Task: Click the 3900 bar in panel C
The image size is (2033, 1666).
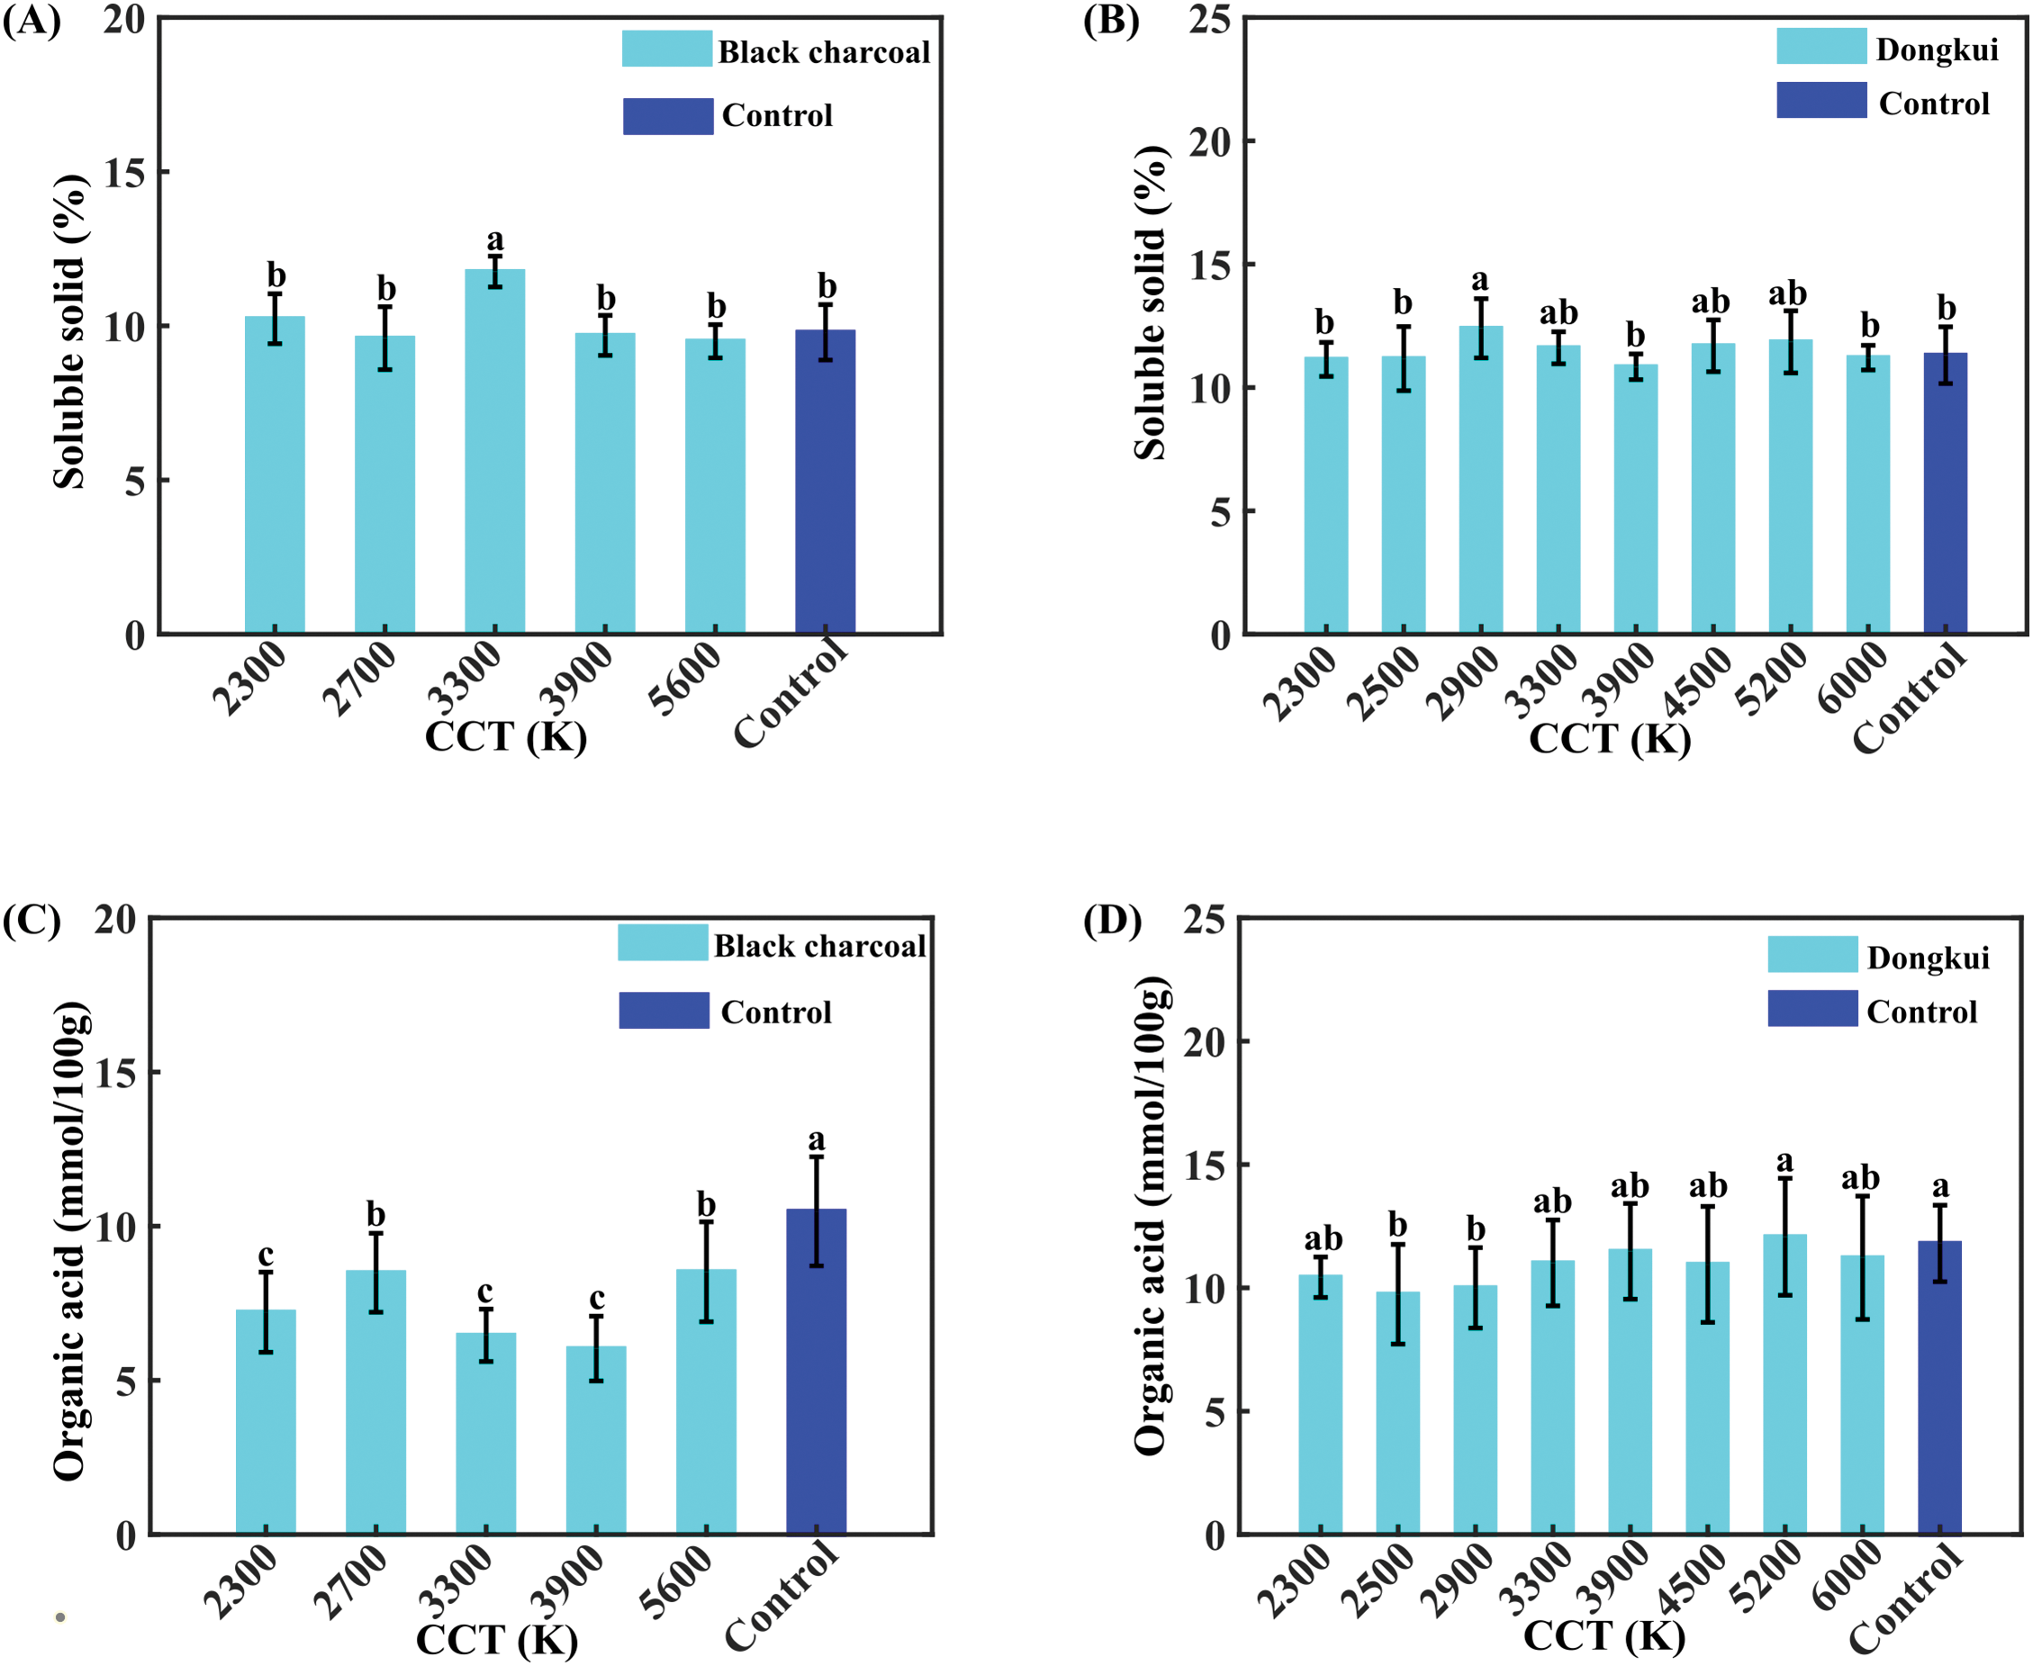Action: point(596,1439)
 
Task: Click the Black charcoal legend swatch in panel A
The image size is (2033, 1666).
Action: point(666,49)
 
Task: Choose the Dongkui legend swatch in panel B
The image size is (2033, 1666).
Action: point(1821,46)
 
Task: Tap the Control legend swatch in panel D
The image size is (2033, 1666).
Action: point(1812,1009)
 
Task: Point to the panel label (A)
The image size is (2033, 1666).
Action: point(32,21)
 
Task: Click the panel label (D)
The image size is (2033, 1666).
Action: point(1113,922)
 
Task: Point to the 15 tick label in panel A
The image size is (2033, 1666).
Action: point(124,174)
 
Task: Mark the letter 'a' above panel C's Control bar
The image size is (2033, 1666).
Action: point(816,1140)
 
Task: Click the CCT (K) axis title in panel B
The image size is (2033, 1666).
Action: point(1610,739)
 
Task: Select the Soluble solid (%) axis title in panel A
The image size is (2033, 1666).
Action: point(69,331)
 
